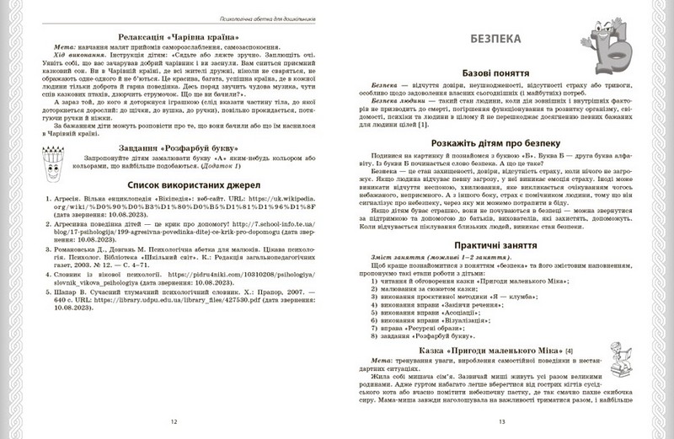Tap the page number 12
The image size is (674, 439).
tap(174, 422)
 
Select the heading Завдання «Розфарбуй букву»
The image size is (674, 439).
tap(173, 167)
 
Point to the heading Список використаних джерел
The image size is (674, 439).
tap(174, 207)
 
